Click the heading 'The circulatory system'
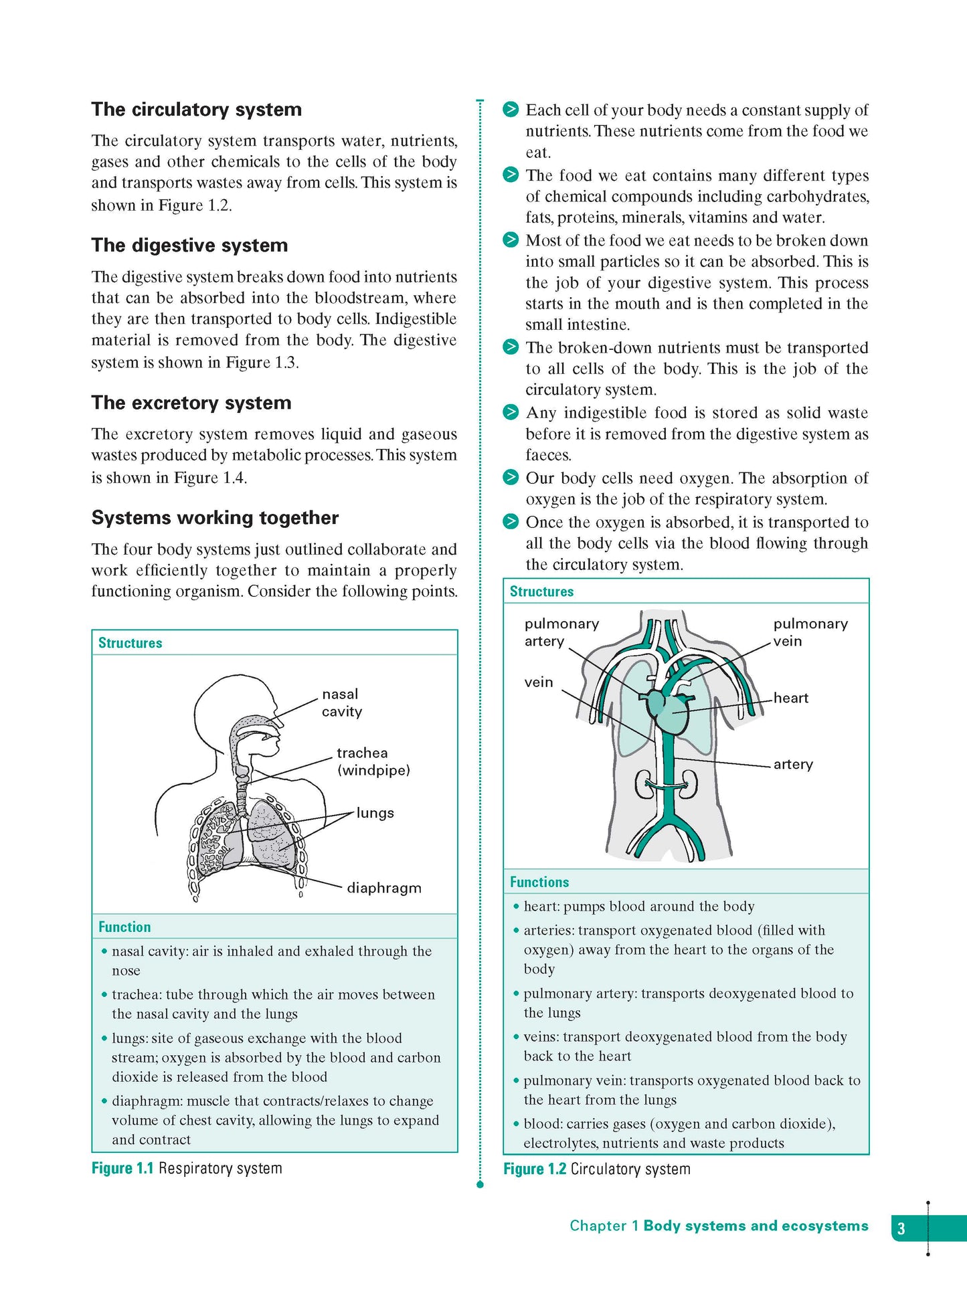point(196,110)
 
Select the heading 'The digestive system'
point(189,246)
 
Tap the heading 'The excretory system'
point(191,403)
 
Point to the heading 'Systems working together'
point(215,518)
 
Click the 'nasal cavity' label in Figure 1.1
point(341,703)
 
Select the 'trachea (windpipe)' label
point(373,761)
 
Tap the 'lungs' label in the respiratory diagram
point(375,813)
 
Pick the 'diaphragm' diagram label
point(383,888)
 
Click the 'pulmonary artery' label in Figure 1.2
point(561,632)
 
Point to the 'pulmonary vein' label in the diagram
point(810,632)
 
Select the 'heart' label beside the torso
point(791,698)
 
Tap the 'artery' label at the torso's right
point(793,764)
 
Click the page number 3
point(901,1228)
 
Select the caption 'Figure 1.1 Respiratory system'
point(187,1168)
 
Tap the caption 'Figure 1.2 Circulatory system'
point(596,1169)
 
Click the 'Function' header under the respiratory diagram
point(124,927)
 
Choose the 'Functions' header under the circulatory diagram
point(539,882)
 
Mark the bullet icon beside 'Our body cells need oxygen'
point(511,477)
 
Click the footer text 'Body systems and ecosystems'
point(756,1226)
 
